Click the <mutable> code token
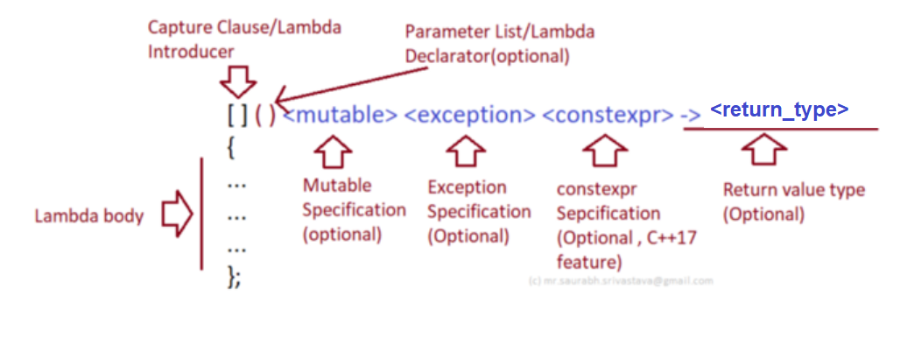tap(341, 116)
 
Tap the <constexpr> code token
tap(608, 116)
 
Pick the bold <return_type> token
tap(778, 109)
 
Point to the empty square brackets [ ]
tap(237, 116)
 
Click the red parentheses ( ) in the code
tap(266, 116)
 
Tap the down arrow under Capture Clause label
tap(237, 81)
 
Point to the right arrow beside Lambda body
tap(177, 216)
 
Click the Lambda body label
tap(88, 216)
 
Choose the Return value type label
tap(793, 201)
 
